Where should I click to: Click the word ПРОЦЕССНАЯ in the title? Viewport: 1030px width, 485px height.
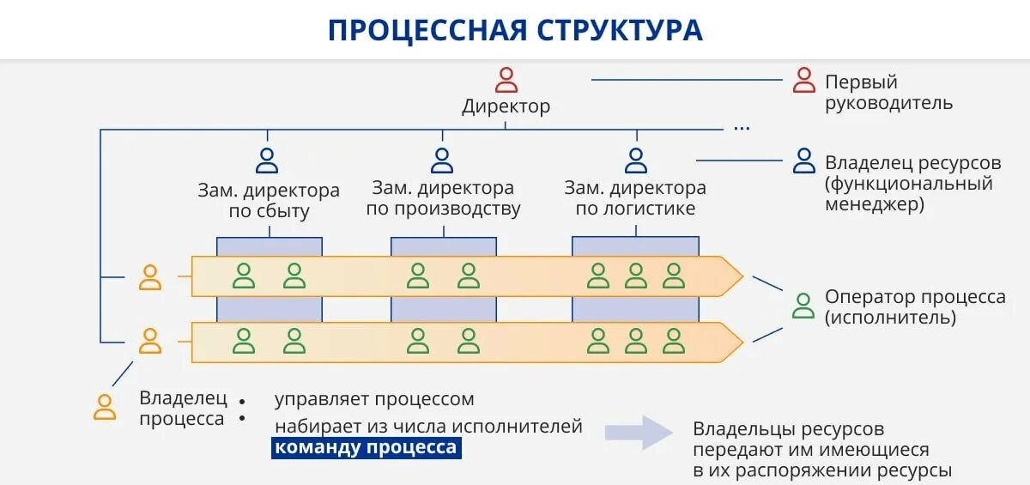(x=426, y=30)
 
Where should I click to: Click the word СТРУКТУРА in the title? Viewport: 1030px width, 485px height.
(x=620, y=30)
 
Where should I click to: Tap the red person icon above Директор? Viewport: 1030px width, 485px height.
(x=506, y=80)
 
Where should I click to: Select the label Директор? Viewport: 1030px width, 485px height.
(x=506, y=107)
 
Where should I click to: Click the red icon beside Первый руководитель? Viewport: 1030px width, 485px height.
(x=804, y=80)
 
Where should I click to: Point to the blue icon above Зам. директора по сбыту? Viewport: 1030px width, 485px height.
(x=268, y=161)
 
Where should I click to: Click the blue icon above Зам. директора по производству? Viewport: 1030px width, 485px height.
(x=442, y=161)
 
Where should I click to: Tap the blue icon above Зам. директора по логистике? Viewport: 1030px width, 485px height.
(x=636, y=161)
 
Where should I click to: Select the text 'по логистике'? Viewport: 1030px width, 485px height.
(x=635, y=209)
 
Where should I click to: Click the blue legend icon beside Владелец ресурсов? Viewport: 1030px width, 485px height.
(x=804, y=161)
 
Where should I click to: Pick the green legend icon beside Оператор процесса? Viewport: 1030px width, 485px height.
(x=803, y=306)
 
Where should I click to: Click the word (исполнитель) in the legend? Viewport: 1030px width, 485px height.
(x=891, y=318)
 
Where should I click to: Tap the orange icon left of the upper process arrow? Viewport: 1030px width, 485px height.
(x=150, y=277)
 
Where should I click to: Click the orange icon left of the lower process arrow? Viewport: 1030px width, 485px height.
(x=150, y=341)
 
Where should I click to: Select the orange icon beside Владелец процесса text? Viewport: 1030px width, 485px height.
(x=105, y=406)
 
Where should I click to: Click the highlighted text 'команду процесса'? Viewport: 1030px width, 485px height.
(x=366, y=448)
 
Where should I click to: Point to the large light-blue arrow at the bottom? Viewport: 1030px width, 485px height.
(x=639, y=433)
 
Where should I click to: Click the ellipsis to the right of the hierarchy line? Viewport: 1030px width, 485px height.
(x=742, y=128)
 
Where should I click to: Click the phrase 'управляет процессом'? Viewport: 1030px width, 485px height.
(x=374, y=399)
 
